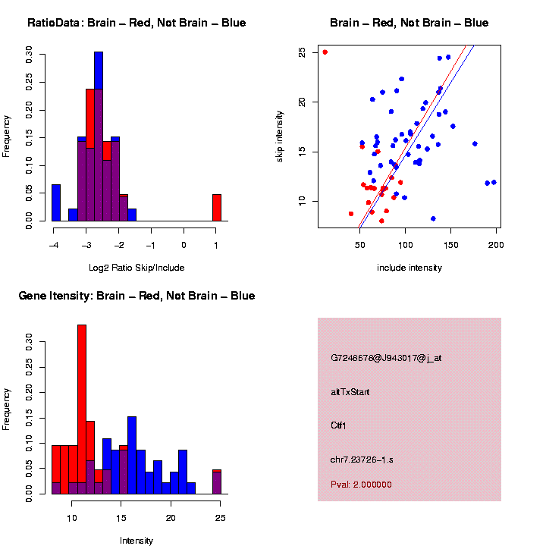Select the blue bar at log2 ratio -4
[x=56, y=202]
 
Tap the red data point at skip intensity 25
[x=325, y=52]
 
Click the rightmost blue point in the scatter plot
[x=494, y=182]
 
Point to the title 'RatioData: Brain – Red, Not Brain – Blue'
[x=136, y=23]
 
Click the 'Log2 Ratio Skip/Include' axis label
[x=136, y=267]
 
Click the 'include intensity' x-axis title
[x=409, y=268]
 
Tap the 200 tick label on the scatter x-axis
[x=496, y=246]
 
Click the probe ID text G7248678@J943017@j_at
[x=386, y=358]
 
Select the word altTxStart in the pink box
[x=350, y=393]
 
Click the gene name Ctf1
[x=339, y=425]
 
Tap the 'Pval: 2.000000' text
[x=362, y=484]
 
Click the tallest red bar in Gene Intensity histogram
[x=82, y=409]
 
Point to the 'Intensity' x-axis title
[x=136, y=541]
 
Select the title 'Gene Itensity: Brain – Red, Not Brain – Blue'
[x=136, y=296]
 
